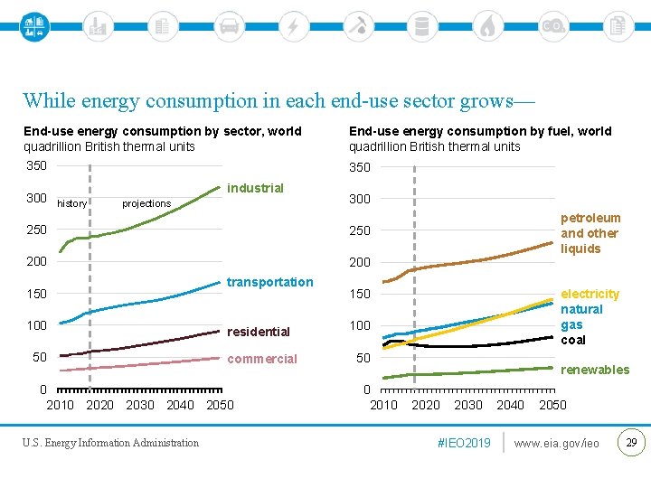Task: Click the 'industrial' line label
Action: coord(255,188)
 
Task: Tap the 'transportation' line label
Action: coord(269,282)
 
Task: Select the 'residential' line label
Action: coord(258,332)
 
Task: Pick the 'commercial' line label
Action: coord(261,359)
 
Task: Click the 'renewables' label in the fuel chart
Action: coord(595,370)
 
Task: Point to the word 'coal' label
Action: coord(573,340)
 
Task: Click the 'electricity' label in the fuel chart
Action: coord(590,294)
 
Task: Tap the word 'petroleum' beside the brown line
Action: coord(590,218)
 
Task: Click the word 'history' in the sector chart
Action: coord(71,203)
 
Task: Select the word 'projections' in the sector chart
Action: coord(146,203)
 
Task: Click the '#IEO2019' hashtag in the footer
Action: coord(463,443)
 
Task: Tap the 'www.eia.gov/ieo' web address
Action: coord(556,443)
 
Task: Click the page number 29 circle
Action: coord(631,442)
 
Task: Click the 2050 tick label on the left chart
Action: coord(220,405)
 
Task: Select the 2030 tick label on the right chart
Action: coord(467,405)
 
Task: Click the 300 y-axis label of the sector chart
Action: coord(36,198)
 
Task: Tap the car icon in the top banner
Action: coord(229,25)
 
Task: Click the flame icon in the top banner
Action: coord(487,25)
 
